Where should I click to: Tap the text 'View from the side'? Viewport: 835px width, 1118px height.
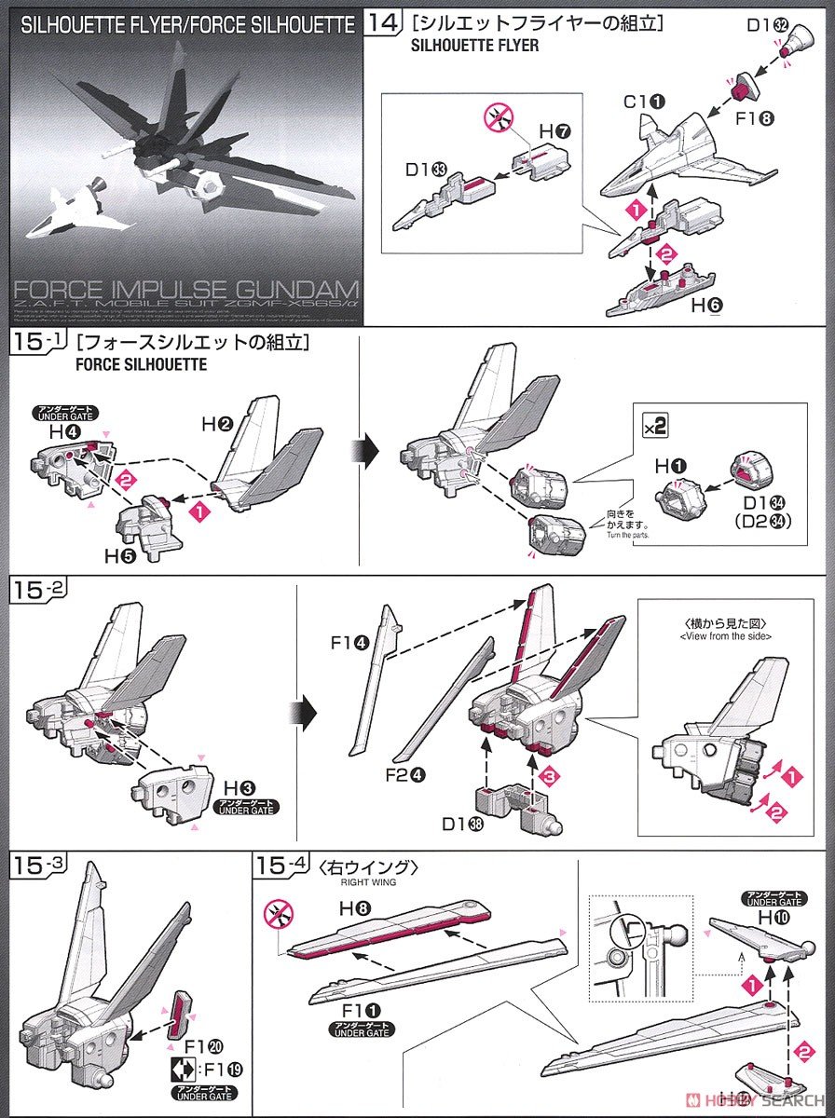click(714, 636)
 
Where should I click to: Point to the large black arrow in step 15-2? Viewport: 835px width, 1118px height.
click(306, 714)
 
